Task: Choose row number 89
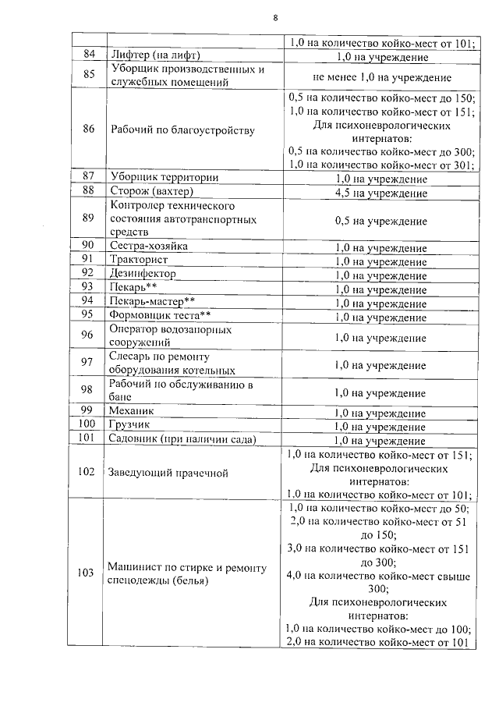click(88, 219)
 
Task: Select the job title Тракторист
click(140, 260)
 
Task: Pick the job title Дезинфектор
click(143, 274)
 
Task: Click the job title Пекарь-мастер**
click(151, 301)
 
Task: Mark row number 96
click(88, 336)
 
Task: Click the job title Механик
click(132, 411)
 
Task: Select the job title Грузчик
click(130, 426)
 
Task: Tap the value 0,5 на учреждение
click(380, 221)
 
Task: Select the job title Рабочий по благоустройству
click(182, 130)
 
